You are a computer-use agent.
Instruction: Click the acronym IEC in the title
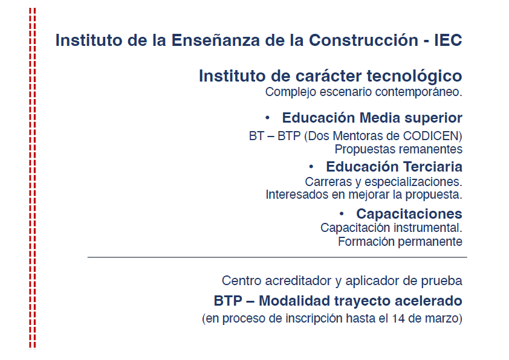tap(448, 40)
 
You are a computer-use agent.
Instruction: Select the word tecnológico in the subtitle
tap(415, 77)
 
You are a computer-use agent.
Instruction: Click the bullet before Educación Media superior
tap(267, 118)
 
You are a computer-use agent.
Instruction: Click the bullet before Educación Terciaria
tap(311, 167)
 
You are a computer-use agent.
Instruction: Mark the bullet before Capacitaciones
tap(342, 214)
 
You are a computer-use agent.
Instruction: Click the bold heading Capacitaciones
tap(409, 214)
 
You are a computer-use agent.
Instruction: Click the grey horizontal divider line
tap(277, 257)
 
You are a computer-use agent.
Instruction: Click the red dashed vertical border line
tap(33, 178)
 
